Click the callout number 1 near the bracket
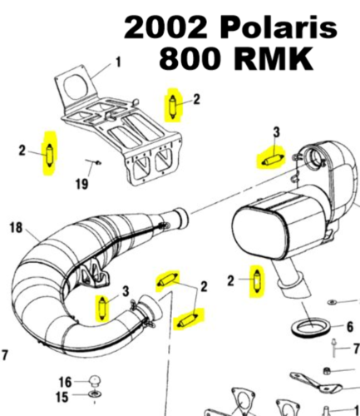tap(116, 61)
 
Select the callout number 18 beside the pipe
tap(16, 227)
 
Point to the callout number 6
tap(349, 327)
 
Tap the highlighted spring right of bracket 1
tap(173, 104)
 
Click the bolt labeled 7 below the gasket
tap(332, 348)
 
